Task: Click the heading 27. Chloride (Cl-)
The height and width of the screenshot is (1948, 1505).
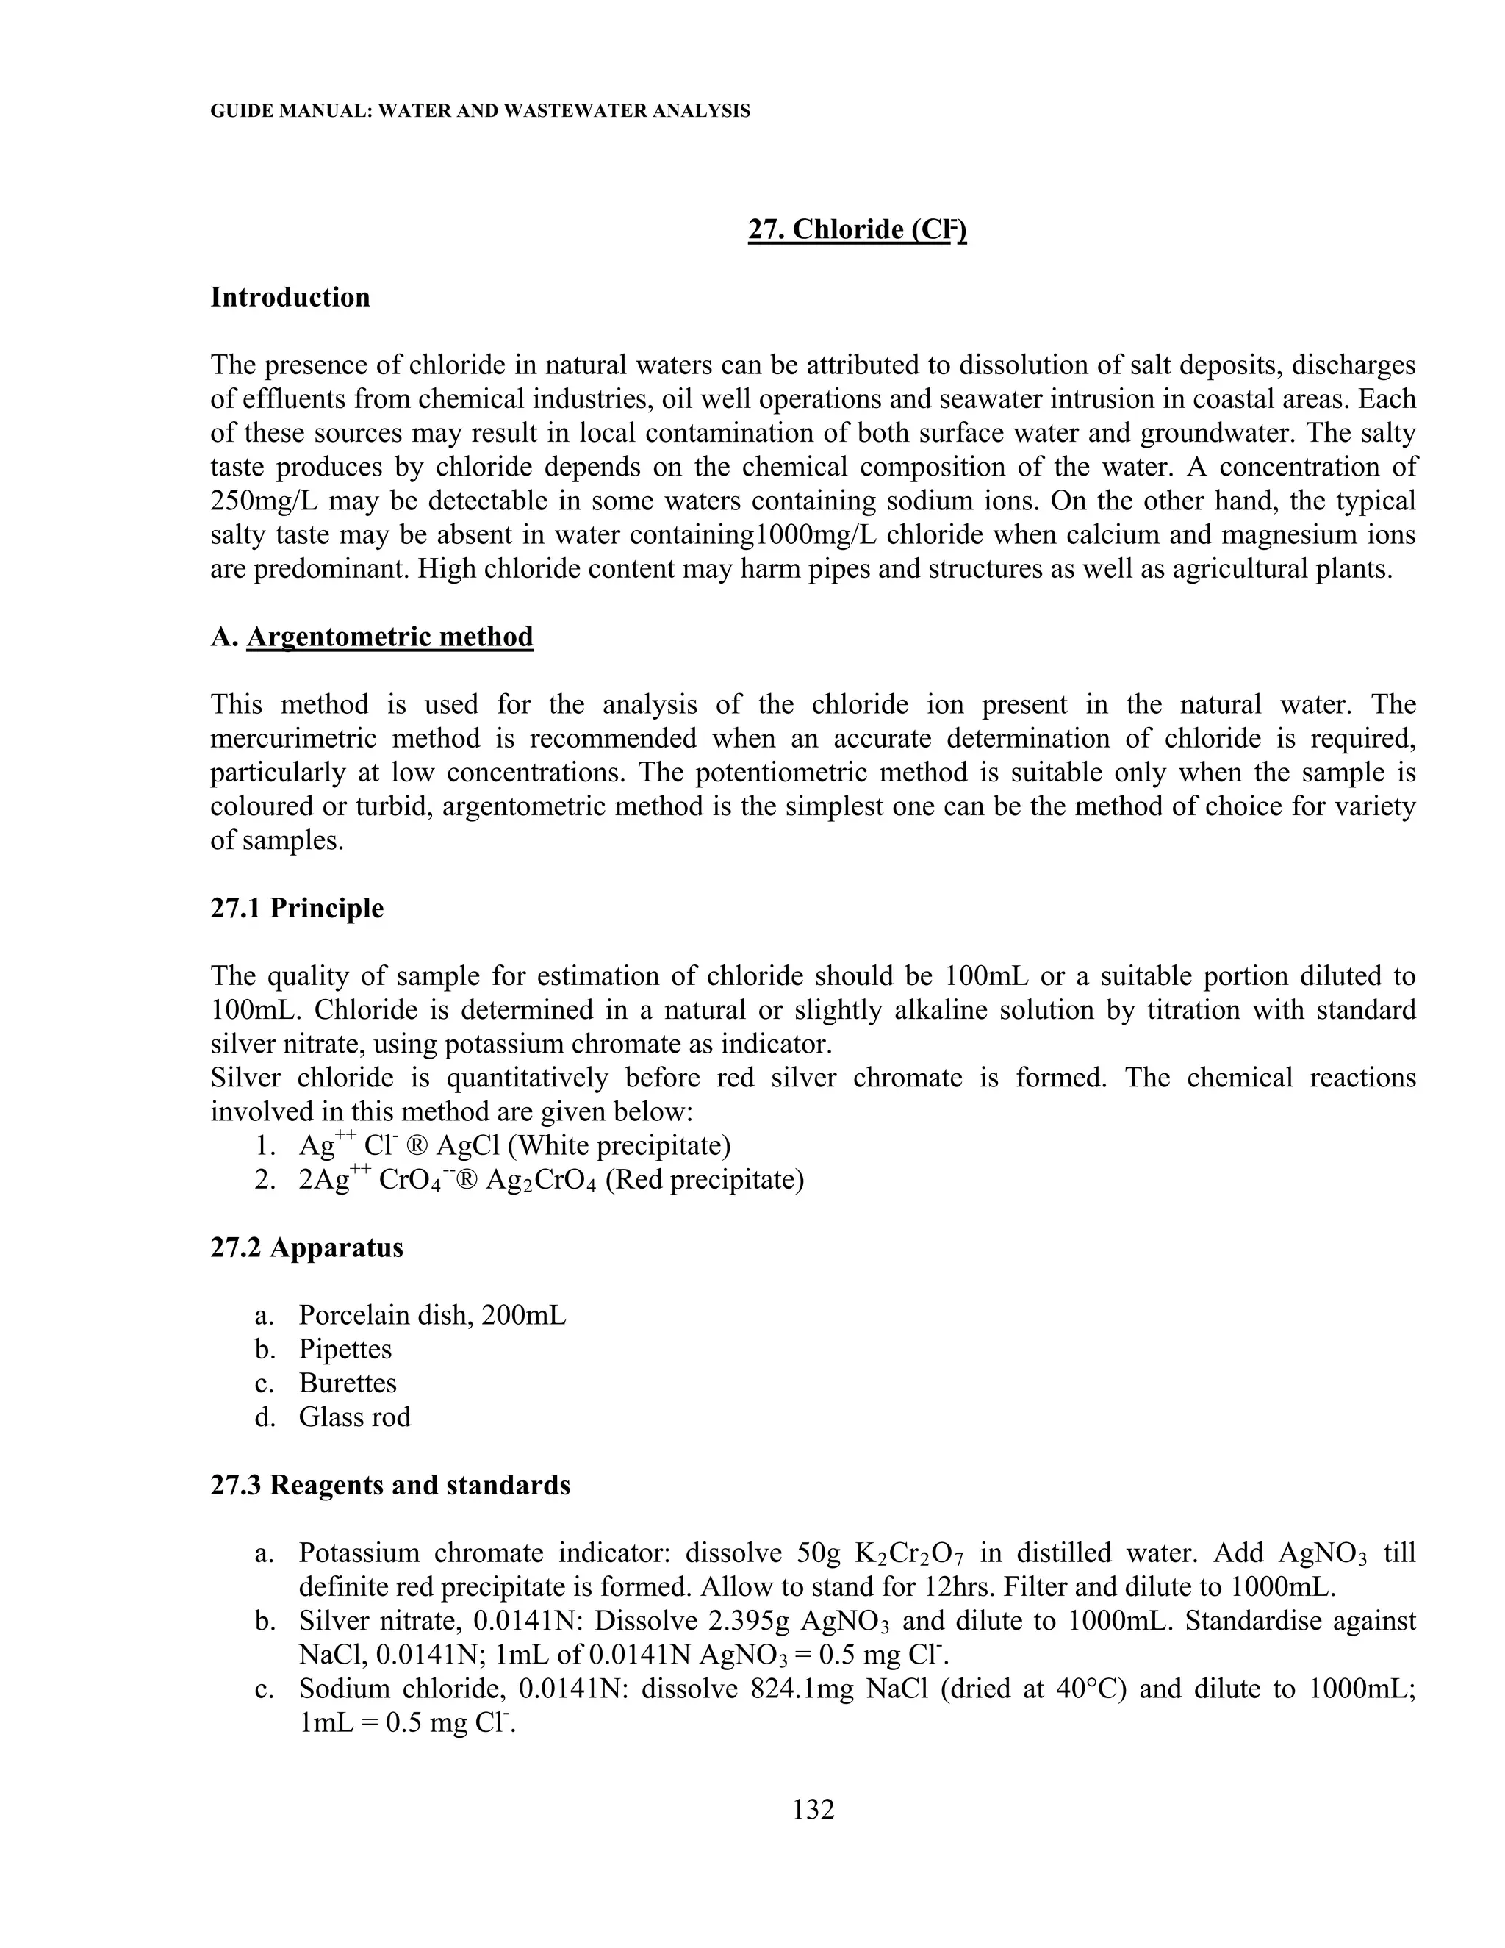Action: click(x=857, y=230)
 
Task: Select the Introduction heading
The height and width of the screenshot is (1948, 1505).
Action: click(x=290, y=297)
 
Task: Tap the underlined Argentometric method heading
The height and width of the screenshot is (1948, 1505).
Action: click(x=389, y=637)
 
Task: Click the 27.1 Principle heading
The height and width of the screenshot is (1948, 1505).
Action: click(x=297, y=908)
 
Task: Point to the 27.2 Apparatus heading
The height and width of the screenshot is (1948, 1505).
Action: click(x=306, y=1247)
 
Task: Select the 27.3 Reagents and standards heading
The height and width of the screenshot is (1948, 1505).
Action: click(x=389, y=1485)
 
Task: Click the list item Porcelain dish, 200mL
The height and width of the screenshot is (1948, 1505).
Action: click(x=431, y=1315)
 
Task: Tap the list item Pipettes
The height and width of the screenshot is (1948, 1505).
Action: click(x=345, y=1349)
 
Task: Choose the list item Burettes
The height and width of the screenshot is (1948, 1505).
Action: click(x=348, y=1383)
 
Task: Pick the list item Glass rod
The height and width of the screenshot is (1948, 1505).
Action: click(x=354, y=1417)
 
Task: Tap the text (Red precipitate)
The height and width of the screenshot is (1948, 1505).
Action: click(x=704, y=1179)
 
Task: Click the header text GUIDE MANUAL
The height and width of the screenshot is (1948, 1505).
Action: click(x=288, y=112)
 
